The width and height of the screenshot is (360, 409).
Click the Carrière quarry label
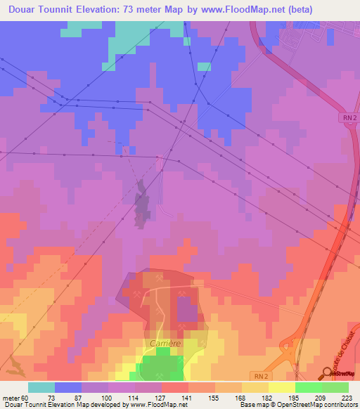pos(166,343)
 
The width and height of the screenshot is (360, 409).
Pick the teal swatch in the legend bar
pos(41,387)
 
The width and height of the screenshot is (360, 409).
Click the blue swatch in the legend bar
pos(68,387)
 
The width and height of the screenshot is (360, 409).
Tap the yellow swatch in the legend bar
pos(281,387)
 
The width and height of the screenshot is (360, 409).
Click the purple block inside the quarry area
pos(186,309)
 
